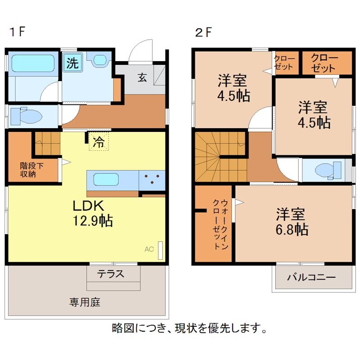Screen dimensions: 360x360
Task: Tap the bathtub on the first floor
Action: [x=33, y=63]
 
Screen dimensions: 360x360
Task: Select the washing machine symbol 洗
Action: [x=72, y=63]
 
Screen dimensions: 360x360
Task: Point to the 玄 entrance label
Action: [x=142, y=77]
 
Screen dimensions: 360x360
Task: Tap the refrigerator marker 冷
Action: [x=98, y=142]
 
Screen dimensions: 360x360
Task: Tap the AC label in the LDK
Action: [x=148, y=249]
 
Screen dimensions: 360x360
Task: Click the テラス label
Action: [x=111, y=274]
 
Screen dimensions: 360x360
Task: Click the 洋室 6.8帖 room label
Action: [x=292, y=222]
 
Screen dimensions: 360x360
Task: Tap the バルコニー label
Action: [x=311, y=277]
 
